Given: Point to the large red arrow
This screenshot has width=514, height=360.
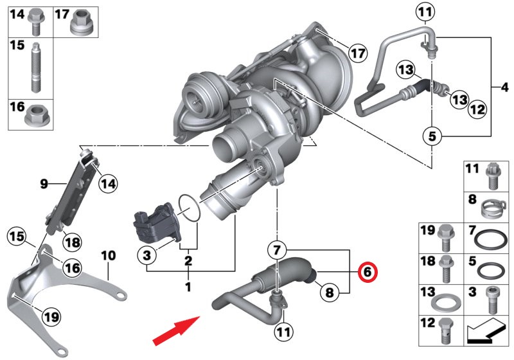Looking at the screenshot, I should click(x=175, y=327).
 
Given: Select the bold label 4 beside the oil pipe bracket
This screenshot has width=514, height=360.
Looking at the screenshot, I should click(x=504, y=86).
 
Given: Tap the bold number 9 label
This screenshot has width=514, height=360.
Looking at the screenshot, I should click(x=44, y=184).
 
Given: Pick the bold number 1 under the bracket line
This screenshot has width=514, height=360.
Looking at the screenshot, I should click(x=188, y=286).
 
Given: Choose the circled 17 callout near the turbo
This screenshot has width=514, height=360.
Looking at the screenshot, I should click(x=357, y=52).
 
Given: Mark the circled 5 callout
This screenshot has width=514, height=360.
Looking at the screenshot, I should click(x=432, y=136).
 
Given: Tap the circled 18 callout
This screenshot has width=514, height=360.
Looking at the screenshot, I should click(x=72, y=242).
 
